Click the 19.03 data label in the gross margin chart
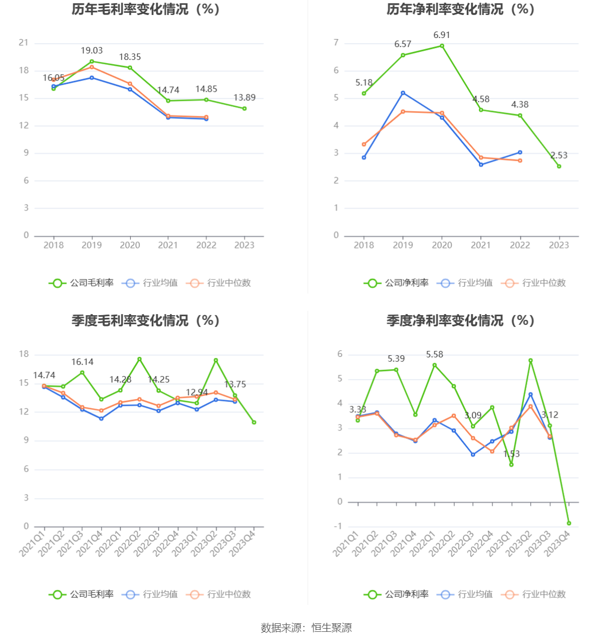[91, 51]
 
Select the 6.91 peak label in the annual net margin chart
[442, 35]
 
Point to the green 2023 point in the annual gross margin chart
[245, 108]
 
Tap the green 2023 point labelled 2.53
[559, 166]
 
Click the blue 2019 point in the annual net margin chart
[403, 93]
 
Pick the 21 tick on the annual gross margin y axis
[23, 43]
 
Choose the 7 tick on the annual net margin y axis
[336, 43]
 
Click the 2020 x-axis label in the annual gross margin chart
[130, 245]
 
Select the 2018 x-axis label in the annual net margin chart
[364, 245]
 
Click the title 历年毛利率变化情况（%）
[146, 10]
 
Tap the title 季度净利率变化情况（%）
[460, 320]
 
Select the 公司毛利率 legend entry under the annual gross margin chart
[82, 283]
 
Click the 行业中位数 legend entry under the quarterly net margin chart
[533, 594]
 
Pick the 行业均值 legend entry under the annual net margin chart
[465, 283]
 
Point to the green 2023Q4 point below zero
[569, 523]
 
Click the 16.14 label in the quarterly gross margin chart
[82, 362]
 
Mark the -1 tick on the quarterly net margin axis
[338, 527]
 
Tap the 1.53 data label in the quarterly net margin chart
[511, 454]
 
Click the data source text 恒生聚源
[332, 628]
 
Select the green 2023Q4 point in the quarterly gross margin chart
[254, 422]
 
